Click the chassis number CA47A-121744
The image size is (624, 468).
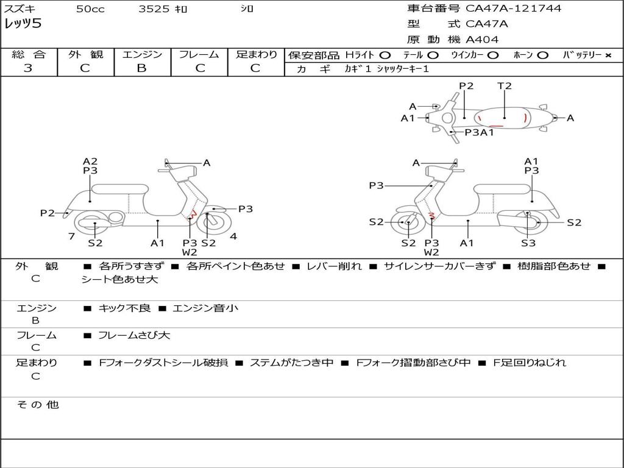pos(513,9)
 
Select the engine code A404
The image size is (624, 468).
pos(482,40)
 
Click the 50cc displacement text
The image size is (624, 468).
pos(90,9)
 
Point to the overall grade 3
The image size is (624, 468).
pos(28,68)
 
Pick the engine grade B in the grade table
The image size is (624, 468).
pos(141,68)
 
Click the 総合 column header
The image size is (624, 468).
pos(29,54)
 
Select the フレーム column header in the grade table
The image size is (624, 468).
pos(199,54)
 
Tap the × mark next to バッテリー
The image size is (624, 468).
pos(608,55)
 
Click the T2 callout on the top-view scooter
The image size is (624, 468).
pos(505,86)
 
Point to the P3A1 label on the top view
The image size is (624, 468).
pos(479,132)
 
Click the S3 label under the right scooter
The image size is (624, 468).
pos(528,243)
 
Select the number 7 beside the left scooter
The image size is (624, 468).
pos(71,236)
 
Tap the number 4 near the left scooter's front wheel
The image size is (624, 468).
pos(233,236)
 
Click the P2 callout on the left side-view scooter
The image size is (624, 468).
pos(48,213)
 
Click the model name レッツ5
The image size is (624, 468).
pos(23,24)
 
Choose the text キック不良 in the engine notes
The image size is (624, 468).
pos(124,308)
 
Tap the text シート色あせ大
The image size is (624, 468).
pos(119,280)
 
